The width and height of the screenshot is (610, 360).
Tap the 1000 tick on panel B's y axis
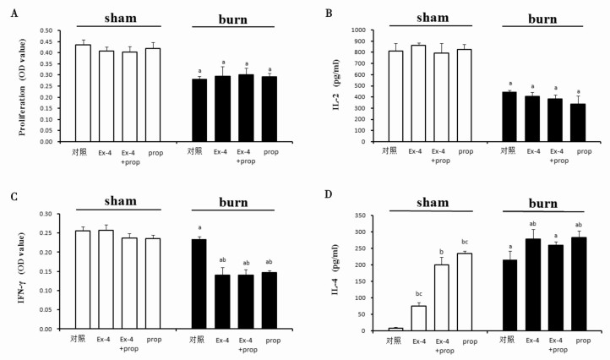[x=363, y=30]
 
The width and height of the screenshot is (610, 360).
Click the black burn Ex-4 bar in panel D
[x=532, y=284]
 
